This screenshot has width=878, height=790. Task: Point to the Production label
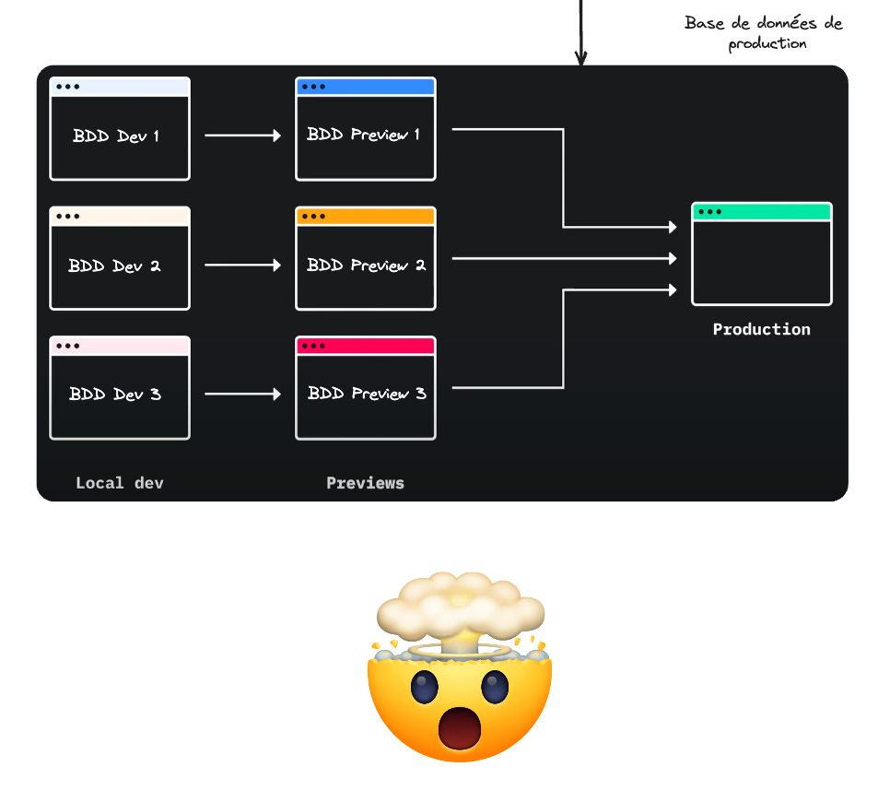[x=762, y=329]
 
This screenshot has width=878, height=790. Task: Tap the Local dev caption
[x=120, y=483]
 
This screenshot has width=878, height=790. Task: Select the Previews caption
[x=365, y=483]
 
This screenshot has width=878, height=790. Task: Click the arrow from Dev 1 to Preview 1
[x=242, y=136]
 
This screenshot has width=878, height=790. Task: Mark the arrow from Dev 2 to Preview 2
[x=242, y=265]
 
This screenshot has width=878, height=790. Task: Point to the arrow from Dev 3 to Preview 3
[x=242, y=395]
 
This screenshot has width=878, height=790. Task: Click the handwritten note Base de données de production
[x=764, y=33]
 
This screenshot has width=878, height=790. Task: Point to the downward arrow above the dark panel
[x=580, y=32]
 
